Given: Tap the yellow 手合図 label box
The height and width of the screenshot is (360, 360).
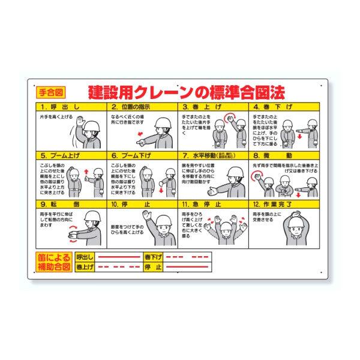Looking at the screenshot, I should tap(49, 92).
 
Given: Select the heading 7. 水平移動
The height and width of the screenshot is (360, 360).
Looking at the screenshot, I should tap(213, 154).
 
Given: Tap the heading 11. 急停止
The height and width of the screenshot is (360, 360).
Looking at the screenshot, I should tap(213, 203).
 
